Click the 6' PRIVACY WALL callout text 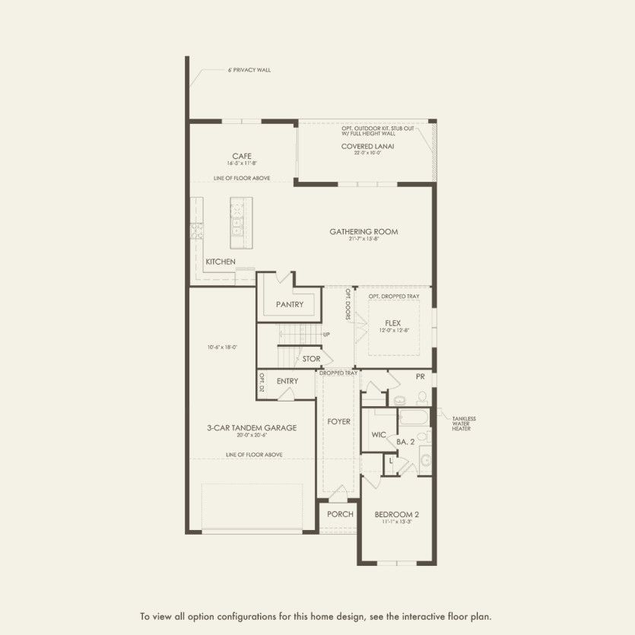[249, 70]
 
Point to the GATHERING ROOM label [363, 232]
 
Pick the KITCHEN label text [221, 262]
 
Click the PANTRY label [290, 304]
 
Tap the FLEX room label [392, 323]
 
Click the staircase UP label [326, 335]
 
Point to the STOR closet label [311, 358]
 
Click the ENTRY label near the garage [287, 381]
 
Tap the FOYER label [338, 421]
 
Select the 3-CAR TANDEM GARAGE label [252, 427]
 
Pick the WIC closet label [378, 435]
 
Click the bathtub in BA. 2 [413, 419]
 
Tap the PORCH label [340, 514]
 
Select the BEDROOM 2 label [397, 514]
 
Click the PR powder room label [419, 376]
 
